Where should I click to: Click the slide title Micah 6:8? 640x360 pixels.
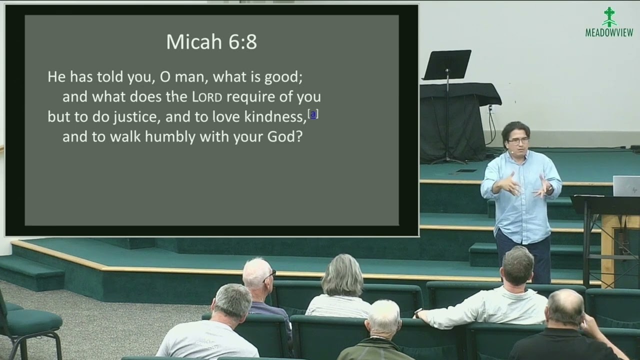[211, 42]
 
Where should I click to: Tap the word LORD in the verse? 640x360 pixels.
[207, 96]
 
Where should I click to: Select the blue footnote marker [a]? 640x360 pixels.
[313, 114]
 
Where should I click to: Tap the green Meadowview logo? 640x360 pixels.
[609, 22]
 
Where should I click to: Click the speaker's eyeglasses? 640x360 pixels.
[518, 141]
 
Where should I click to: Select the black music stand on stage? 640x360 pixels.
[446, 65]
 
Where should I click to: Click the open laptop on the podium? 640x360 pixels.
[626, 185]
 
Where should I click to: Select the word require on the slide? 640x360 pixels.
[248, 96]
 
